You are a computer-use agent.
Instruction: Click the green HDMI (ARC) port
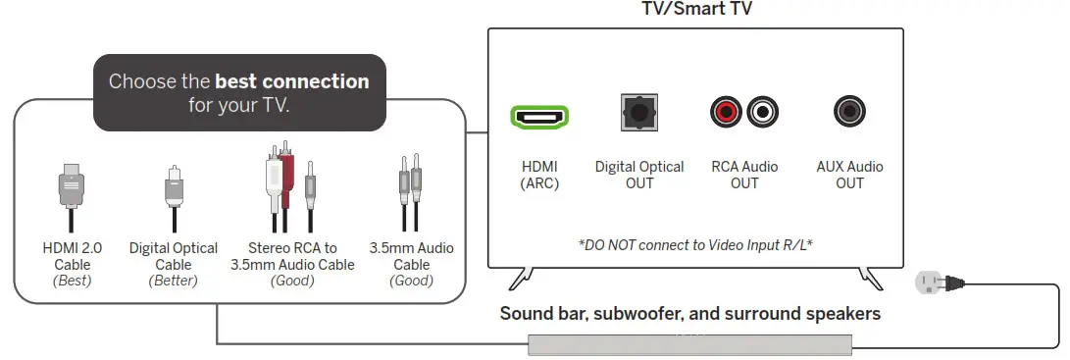coord(538,117)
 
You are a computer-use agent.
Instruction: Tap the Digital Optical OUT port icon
coord(639,114)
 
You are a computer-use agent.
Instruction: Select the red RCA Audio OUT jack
coord(726,114)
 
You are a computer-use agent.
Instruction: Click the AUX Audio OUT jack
coord(848,113)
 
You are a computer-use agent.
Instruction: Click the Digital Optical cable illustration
coord(173,191)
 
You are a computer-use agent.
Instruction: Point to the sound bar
coord(690,344)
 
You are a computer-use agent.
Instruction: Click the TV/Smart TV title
coord(695,11)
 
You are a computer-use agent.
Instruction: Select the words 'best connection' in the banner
coord(291,81)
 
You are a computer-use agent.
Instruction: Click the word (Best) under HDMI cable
coord(73,281)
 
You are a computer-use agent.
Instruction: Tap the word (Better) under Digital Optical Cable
coord(173,281)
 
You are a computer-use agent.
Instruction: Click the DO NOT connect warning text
coord(695,243)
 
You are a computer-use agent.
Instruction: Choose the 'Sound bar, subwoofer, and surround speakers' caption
coord(690,315)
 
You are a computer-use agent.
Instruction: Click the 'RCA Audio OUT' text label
coord(744,175)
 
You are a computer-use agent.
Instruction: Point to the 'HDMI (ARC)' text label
coord(538,175)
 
